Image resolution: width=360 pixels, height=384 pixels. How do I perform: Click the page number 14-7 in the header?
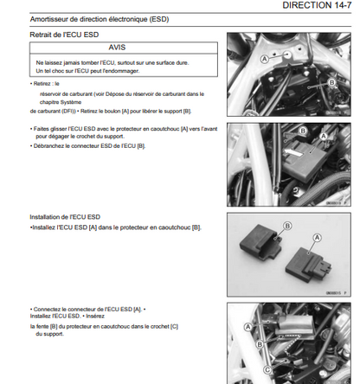[x=335, y=5]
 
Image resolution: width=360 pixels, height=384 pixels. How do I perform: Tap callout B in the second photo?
[x=302, y=131]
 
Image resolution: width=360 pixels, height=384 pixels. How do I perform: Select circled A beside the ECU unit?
[x=316, y=236]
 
